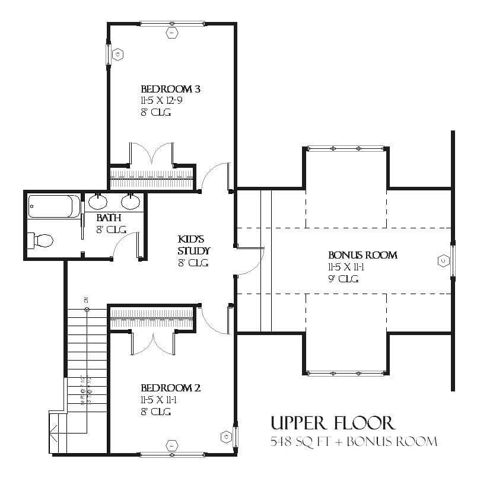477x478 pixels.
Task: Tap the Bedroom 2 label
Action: coord(170,388)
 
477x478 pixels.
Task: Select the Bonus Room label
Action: coord(362,256)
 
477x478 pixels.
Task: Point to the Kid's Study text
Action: coord(192,245)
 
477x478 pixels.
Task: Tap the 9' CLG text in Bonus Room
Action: coord(344,279)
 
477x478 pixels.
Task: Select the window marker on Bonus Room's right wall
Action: coord(443,260)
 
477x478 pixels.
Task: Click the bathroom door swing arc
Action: coord(123,243)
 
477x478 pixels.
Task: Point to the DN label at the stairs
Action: coord(87,301)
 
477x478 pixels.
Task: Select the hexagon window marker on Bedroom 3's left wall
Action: coord(117,55)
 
